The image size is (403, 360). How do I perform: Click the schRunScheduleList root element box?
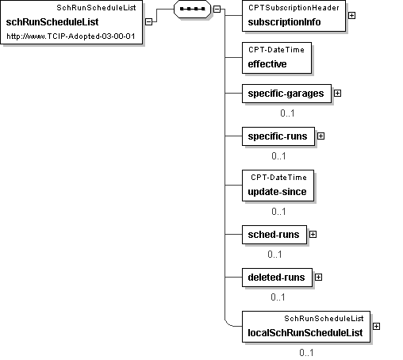[71, 22]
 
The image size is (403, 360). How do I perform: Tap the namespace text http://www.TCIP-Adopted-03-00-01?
[71, 36]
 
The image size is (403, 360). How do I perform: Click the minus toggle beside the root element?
[149, 21]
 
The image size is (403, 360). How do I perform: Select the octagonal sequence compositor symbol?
[192, 9]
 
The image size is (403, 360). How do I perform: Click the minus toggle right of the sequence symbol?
[217, 9]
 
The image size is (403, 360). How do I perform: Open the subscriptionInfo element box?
[294, 16]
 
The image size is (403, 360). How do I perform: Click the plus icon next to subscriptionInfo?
[351, 16]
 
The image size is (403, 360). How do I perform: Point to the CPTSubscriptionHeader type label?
[294, 8]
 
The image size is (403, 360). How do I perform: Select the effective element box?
[277, 58]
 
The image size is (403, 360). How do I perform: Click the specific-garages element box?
[286, 94]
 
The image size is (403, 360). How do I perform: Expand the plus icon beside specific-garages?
[337, 94]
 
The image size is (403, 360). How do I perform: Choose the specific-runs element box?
[278, 136]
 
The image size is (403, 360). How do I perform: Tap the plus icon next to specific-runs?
[320, 136]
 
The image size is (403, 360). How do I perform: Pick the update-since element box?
[278, 186]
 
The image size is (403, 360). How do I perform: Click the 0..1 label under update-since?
[278, 212]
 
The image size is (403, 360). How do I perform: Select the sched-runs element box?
[274, 235]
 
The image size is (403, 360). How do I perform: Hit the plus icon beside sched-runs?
[313, 235]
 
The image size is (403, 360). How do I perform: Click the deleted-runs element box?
[277, 278]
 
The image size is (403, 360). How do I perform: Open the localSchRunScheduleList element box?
[306, 327]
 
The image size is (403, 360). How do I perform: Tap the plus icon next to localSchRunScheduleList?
[376, 327]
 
